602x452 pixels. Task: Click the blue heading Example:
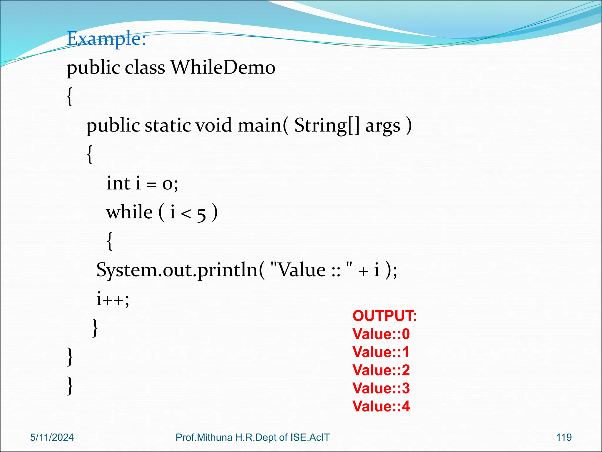[106, 39]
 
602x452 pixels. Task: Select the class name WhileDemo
[223, 68]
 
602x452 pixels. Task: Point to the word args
[382, 127]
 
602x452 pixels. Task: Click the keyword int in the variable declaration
[118, 183]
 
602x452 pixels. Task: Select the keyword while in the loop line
[129, 212]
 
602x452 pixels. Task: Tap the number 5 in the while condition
[201, 214]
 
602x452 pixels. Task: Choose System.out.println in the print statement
[177, 270]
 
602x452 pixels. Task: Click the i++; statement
[113, 299]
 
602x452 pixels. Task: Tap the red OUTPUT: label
[384, 316]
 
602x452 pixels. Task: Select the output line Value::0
[381, 334]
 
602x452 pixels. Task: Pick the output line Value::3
[381, 388]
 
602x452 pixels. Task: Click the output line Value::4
[381, 406]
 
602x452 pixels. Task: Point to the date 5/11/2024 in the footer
[52, 437]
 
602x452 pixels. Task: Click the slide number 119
[564, 437]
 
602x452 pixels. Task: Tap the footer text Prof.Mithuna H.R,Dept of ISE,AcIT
[252, 437]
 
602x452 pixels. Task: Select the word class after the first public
[145, 68]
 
